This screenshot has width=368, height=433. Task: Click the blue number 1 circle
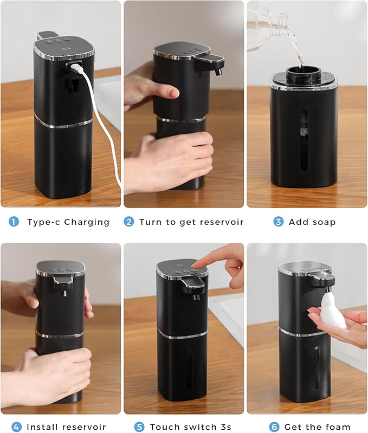[x=14, y=222]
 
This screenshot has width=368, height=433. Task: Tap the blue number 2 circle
[x=129, y=222]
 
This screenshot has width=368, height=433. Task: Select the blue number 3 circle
[x=278, y=222]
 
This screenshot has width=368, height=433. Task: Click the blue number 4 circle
[x=17, y=427]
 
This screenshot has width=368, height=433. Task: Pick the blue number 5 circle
[x=140, y=427]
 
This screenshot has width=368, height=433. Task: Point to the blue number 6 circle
[x=268, y=427]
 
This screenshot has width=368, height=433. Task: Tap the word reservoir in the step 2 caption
[x=219, y=222]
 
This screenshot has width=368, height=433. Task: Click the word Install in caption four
[x=44, y=427]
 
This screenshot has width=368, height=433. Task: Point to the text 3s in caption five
[x=225, y=427]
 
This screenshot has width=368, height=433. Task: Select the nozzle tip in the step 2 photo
[x=218, y=71]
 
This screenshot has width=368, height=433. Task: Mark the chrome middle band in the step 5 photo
[x=182, y=334]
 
